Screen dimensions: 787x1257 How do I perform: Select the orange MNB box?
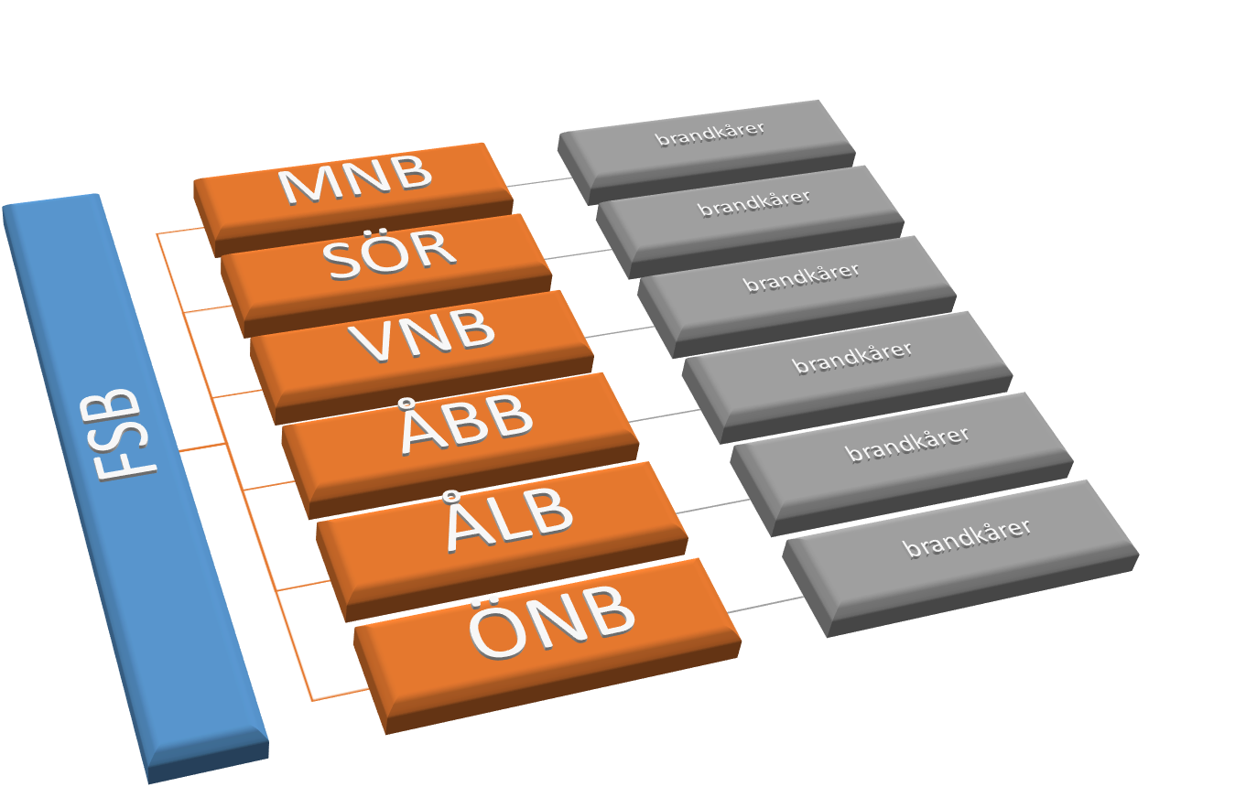354,183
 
